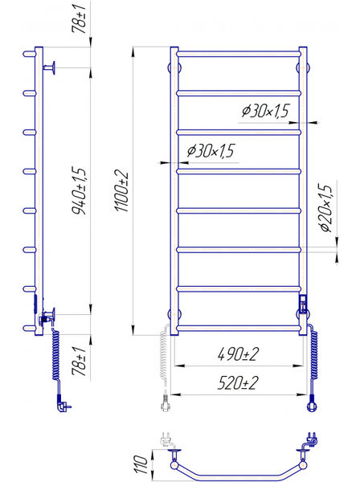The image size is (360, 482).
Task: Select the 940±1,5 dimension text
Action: [x=80, y=190]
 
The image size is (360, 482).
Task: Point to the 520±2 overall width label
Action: [x=238, y=383]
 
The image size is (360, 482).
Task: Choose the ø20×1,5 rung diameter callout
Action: [x=326, y=208]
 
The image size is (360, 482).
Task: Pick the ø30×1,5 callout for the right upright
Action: [x=266, y=111]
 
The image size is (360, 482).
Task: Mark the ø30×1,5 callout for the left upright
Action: [x=211, y=150]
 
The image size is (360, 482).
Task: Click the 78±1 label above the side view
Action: [x=79, y=17]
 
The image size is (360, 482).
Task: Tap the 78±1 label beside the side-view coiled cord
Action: [x=79, y=361]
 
